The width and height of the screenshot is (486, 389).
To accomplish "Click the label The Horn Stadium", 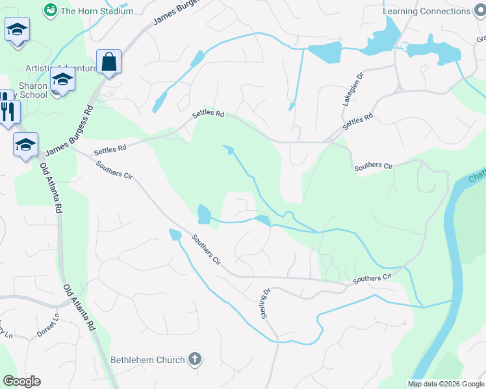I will pos(97,11).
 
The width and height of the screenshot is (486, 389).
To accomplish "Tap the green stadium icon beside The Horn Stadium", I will pos(50,10).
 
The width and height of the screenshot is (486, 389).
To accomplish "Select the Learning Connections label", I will pos(426,11).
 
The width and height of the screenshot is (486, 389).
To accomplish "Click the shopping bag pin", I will pos(109,62).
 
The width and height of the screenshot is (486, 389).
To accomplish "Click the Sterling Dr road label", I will pos(265,303).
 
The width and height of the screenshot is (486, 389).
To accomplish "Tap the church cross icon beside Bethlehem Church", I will pos(195,359).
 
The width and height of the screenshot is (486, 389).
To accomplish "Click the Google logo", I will pos(21,381).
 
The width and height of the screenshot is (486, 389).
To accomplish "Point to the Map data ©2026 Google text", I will pos(446,384).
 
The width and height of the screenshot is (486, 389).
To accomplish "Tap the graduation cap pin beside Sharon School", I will pos(63,80).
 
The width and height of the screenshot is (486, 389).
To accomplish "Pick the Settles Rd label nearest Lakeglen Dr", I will pos(358,121).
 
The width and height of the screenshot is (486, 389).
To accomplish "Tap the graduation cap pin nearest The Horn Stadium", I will pos(17,30).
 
